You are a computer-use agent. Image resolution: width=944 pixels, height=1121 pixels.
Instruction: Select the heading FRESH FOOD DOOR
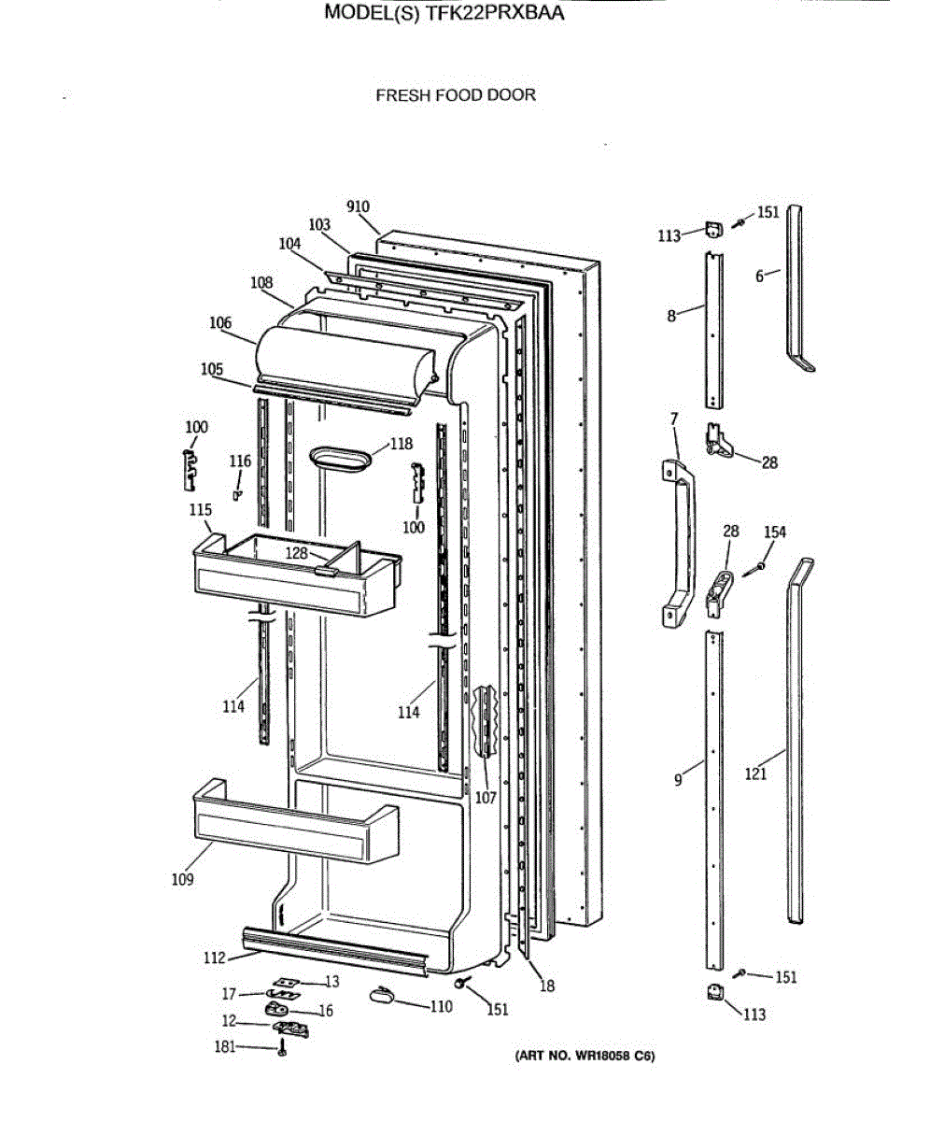pyautogui.click(x=456, y=94)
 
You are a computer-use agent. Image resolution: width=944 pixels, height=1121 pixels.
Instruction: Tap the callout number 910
pyautogui.click(x=358, y=207)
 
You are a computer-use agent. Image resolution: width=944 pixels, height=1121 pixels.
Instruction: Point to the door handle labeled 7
pyautogui.click(x=682, y=542)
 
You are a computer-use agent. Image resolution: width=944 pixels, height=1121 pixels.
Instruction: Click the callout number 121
pyautogui.click(x=755, y=773)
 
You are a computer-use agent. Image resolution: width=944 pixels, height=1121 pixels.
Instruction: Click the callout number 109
pyautogui.click(x=182, y=879)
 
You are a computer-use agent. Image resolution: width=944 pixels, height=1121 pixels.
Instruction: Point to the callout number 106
pyautogui.click(x=220, y=323)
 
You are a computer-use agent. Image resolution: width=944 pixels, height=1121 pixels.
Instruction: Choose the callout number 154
pyautogui.click(x=775, y=532)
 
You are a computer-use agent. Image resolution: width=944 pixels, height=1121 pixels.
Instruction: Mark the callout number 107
pyautogui.click(x=486, y=798)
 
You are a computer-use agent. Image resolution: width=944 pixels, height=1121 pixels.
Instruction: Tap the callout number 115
pyautogui.click(x=200, y=510)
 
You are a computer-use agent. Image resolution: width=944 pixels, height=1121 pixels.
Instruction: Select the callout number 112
pyautogui.click(x=215, y=958)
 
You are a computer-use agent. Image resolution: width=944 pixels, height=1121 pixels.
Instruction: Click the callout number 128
pyautogui.click(x=296, y=553)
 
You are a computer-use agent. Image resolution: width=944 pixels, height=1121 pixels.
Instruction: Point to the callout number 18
pyautogui.click(x=547, y=986)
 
